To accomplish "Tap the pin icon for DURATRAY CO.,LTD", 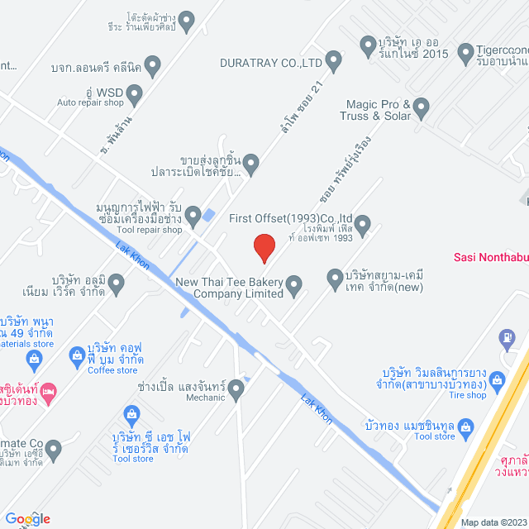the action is click(334, 60).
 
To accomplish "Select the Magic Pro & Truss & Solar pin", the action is click(422, 106).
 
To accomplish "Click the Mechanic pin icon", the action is click(237, 388).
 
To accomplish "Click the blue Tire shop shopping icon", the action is click(497, 379).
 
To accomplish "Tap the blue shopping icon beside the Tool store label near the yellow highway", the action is click(465, 427).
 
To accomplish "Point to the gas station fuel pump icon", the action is click(507, 337).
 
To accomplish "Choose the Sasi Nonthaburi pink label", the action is click(491, 256).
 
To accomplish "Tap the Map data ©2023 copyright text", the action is click(493, 522).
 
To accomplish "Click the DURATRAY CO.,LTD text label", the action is click(270, 62).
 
